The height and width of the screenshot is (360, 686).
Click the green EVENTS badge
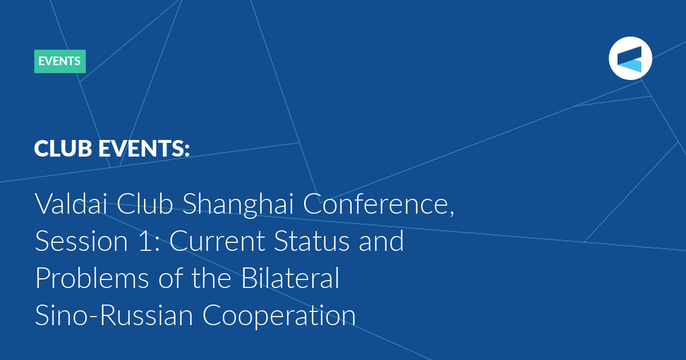pos(60,61)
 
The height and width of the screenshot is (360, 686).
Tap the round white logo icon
pos(630,58)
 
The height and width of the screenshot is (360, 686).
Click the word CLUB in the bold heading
pos(63,149)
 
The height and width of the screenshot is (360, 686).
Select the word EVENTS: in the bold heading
pos(144,149)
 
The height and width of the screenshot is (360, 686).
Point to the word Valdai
pos(71,203)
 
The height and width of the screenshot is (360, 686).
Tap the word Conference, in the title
pos(378,204)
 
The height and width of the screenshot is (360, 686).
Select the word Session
pos(81,241)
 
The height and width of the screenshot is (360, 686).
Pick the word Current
pos(217,241)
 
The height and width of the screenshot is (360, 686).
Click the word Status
pos(312,241)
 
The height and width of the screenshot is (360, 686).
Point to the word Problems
pos(92,278)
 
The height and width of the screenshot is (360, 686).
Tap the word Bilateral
pos(290,278)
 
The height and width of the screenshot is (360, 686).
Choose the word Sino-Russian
pos(114,315)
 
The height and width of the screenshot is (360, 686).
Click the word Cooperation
pos(279,316)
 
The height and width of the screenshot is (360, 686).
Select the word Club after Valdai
pos(145,203)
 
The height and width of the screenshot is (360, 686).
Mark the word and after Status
pos(381,241)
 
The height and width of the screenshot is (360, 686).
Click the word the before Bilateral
pos(212,278)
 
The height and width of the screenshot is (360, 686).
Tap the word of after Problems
pos(170,278)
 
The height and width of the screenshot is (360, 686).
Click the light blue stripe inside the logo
pos(629,66)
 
